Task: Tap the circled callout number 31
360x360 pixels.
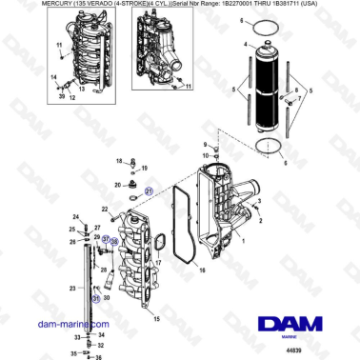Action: click(95, 299)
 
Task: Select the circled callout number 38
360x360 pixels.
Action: click(113, 242)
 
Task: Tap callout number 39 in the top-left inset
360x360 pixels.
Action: click(62, 96)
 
